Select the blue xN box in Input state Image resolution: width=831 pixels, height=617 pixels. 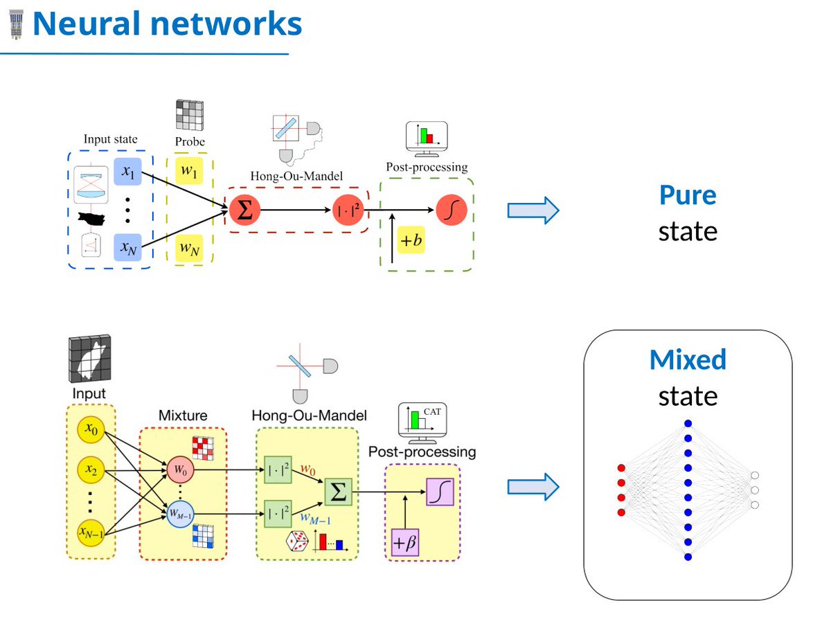[x=127, y=247]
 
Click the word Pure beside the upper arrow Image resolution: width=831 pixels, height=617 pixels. [x=687, y=195]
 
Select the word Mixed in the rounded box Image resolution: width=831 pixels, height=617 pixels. [x=688, y=359]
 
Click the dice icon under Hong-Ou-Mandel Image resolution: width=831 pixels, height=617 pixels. [x=297, y=542]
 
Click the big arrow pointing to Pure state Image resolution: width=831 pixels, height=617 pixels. [x=533, y=211]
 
